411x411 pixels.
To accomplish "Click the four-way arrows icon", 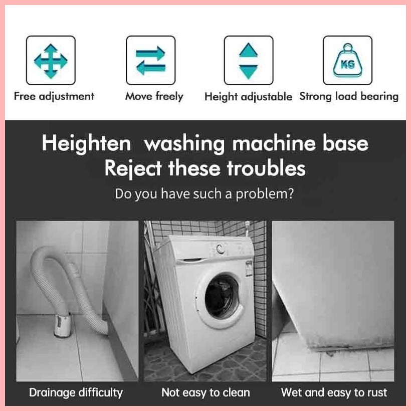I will [50, 60].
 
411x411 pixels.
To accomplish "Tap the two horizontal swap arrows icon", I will [150, 60].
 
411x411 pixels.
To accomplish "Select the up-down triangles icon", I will [248, 60].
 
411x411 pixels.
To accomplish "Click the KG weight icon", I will [347, 60].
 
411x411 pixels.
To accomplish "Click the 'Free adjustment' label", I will [54, 96].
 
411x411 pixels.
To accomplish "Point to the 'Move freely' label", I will [154, 96].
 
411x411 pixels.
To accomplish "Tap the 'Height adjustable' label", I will [248, 97].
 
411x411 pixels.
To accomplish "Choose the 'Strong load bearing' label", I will [349, 96].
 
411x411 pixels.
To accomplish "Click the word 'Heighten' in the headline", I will [86, 144].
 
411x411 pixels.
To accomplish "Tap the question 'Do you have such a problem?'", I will [204, 193].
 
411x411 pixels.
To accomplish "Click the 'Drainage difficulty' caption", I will [76, 392].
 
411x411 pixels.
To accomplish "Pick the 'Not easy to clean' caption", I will [205, 392].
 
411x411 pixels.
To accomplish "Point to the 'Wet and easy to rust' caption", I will [334, 392].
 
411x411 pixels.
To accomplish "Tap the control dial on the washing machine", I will [219, 248].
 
